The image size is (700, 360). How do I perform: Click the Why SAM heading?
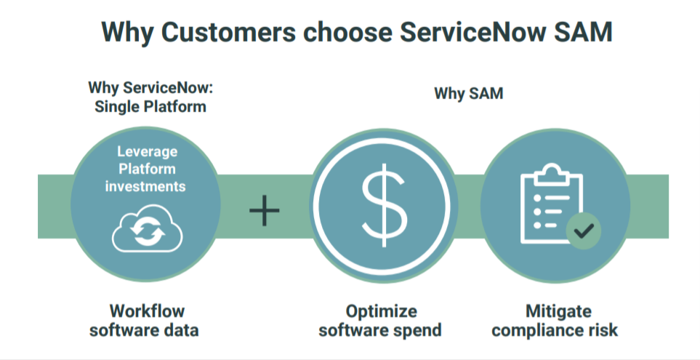[468, 94]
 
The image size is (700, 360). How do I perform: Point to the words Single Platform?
[150, 107]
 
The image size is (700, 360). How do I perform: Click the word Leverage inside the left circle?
[148, 152]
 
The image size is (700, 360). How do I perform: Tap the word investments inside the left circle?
[145, 185]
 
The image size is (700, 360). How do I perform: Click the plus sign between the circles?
[265, 210]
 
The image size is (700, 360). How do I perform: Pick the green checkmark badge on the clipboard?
[584, 231]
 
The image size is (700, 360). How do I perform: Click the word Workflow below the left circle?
[147, 311]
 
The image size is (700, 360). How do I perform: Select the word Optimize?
[381, 311]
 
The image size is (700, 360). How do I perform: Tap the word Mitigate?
[558, 311]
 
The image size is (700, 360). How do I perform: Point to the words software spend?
[381, 330]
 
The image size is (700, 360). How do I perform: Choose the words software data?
[144, 330]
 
